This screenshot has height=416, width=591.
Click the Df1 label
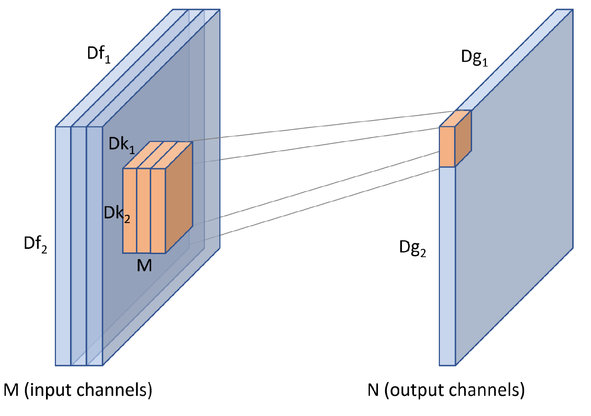[x=99, y=55]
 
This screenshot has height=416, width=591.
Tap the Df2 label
[x=36, y=244]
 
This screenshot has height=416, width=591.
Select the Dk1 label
[x=122, y=146]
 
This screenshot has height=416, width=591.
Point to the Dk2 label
[x=117, y=214]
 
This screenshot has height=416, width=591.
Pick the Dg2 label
[x=413, y=249]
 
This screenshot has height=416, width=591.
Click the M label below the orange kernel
[x=144, y=266]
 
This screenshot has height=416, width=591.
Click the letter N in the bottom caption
[x=373, y=390]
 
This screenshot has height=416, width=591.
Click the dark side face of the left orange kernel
[x=179, y=198]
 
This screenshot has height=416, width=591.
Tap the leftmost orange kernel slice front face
[x=130, y=211]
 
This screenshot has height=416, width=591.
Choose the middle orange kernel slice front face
[x=144, y=211]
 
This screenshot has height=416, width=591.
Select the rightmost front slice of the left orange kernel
[x=158, y=211]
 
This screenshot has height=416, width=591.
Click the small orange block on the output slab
[x=455, y=138]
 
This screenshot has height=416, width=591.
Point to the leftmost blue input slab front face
[x=63, y=246]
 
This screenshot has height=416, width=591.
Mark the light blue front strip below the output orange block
[x=447, y=266]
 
